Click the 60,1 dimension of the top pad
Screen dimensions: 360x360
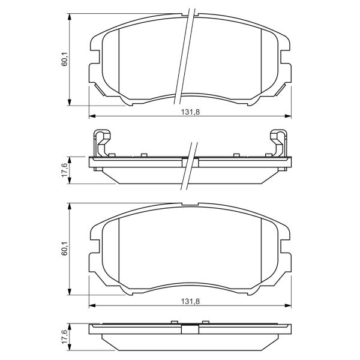[x=65, y=59]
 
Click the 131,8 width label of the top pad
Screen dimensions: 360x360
[x=190, y=112]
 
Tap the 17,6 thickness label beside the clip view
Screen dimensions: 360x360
[x=65, y=170]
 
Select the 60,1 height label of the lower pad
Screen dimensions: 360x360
[x=65, y=248]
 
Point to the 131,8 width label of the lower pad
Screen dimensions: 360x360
[x=190, y=301]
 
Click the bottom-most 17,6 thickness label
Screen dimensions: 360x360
[x=65, y=337]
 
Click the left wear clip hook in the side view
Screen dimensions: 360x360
[x=102, y=143]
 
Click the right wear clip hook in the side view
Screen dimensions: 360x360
[x=278, y=143]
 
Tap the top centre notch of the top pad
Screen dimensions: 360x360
[x=190, y=15]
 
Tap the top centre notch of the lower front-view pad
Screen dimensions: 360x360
[x=190, y=204]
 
